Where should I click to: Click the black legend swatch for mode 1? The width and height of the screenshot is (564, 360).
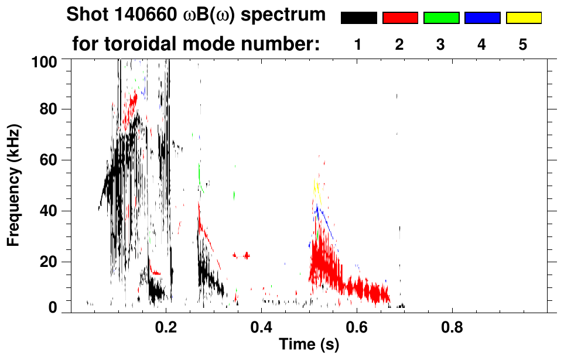pyautogui.click(x=359, y=18)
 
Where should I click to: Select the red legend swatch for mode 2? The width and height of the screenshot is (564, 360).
pyautogui.click(x=400, y=18)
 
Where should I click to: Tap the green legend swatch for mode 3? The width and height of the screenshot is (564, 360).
pyautogui.click(x=441, y=18)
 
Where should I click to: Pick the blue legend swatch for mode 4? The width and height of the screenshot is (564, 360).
pyautogui.click(x=482, y=18)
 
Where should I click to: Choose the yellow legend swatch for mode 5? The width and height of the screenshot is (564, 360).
pyautogui.click(x=523, y=18)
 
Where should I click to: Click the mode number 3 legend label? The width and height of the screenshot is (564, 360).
pyautogui.click(x=440, y=45)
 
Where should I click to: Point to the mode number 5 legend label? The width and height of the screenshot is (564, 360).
pyautogui.click(x=523, y=45)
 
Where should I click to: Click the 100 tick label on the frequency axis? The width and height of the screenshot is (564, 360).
pyautogui.click(x=45, y=61)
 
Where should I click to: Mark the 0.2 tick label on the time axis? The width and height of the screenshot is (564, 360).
pyautogui.click(x=166, y=325)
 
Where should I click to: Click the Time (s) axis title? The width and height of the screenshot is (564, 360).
pyautogui.click(x=309, y=345)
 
